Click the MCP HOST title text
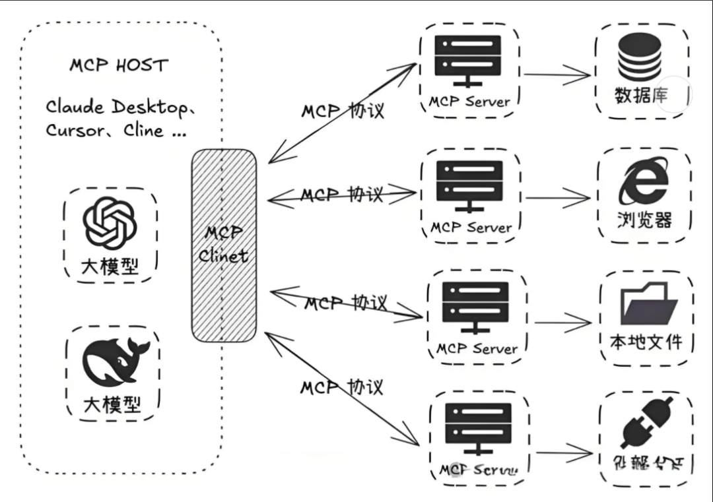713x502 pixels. pos(119,66)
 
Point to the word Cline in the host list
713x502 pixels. pos(143,131)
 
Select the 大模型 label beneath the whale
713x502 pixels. pos(112,404)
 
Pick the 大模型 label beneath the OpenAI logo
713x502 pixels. pos(110,266)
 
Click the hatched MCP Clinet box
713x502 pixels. pos(224,245)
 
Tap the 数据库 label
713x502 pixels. pos(641,97)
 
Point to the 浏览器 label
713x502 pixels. pos(644,220)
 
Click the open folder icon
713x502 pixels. pos(645,303)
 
